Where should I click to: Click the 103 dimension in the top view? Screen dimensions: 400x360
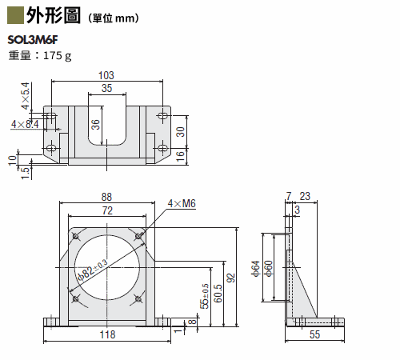coord(106,75)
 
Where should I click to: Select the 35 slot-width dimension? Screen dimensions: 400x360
coord(106,88)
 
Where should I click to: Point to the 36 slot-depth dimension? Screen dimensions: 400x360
coord(95,124)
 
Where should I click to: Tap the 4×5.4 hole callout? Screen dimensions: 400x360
coord(26,96)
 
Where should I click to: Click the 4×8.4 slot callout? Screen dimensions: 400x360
coord(25,124)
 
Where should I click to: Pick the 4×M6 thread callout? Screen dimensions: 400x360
coord(182,203)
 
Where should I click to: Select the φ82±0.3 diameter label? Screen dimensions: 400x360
coord(92,270)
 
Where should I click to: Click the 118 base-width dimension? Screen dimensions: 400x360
coord(107,334)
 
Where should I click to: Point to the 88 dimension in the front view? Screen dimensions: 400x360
coord(106,197)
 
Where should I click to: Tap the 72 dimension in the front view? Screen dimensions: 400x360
coord(107,210)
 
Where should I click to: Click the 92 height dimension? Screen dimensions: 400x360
coord(231,278)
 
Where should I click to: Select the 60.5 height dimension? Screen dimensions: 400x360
coord(218,294)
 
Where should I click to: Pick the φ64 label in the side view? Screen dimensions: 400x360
coord(255,269)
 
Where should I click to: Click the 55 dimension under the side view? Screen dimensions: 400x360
coord(314,334)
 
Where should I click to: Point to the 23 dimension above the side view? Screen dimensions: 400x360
coord(305,196)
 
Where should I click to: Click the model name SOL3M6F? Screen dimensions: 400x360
coord(33,40)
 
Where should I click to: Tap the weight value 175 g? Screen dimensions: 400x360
coord(58,56)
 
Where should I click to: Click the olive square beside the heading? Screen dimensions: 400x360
coord(15,16)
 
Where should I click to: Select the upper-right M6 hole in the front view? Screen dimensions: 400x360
coord(138,236)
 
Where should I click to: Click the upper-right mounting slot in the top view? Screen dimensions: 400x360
coord(162,116)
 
